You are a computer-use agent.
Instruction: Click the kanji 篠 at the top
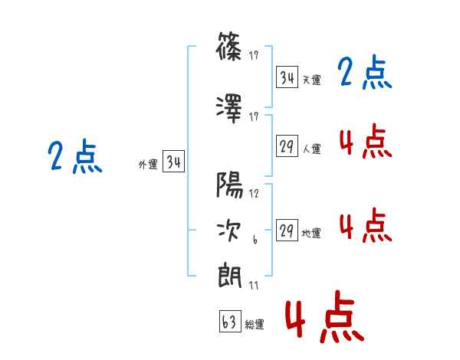228,46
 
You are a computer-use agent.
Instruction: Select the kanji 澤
228,109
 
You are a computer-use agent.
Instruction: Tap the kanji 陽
229,185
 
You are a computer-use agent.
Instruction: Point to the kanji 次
228,231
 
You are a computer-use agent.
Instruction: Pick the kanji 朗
229,277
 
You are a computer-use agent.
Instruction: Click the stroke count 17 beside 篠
254,55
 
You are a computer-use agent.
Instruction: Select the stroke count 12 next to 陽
254,194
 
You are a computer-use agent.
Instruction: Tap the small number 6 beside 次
255,240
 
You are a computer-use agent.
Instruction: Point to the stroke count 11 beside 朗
254,285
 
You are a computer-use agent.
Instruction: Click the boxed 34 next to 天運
287,77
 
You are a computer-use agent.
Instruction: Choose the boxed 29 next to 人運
287,146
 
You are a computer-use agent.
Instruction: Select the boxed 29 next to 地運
287,230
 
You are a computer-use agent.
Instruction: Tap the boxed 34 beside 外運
174,162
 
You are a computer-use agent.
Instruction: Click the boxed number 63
230,321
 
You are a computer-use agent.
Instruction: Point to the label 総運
255,325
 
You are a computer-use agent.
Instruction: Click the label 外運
148,165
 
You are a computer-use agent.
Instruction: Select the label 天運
311,80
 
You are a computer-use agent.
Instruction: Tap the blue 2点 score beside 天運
364,72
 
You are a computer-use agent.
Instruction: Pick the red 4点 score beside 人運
366,141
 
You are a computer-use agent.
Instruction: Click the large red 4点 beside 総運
324,316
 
